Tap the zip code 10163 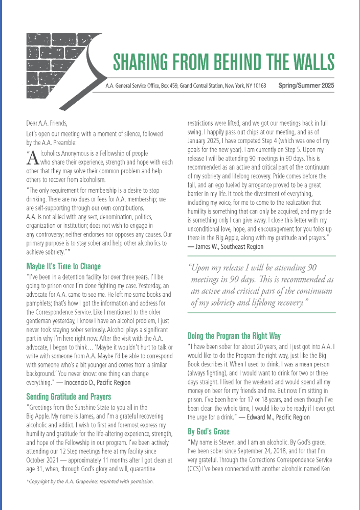257,86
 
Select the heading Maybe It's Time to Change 63,266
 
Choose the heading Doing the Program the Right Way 234,336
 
